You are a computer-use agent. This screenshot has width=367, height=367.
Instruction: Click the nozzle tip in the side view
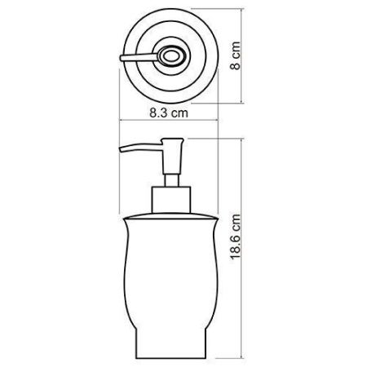point(123,153)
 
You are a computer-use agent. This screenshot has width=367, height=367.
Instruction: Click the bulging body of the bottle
point(172,269)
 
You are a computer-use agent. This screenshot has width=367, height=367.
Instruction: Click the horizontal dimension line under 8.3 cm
point(172,122)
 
